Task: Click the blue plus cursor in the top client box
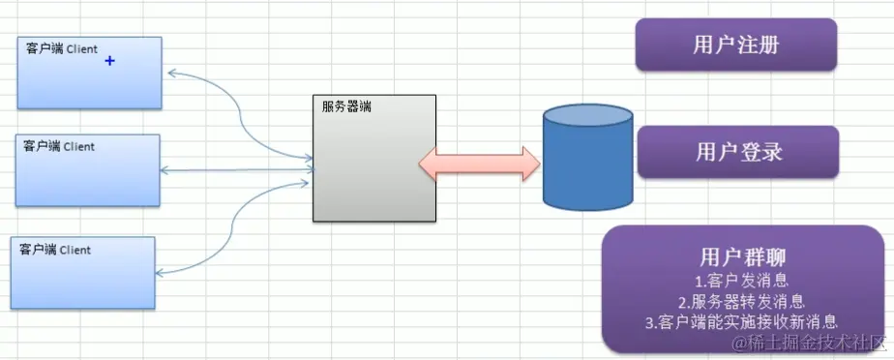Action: click(109, 61)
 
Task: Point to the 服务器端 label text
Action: click(346, 105)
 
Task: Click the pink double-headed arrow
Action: click(479, 163)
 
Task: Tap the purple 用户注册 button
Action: click(735, 45)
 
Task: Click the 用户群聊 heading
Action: click(742, 257)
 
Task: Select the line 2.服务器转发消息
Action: click(742, 301)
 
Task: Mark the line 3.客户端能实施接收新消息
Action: click(742, 321)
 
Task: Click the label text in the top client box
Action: click(63, 48)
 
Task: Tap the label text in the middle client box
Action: click(60, 146)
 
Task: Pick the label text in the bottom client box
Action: click(56, 250)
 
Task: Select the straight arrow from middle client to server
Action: click(237, 170)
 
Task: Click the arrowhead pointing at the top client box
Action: click(170, 73)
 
